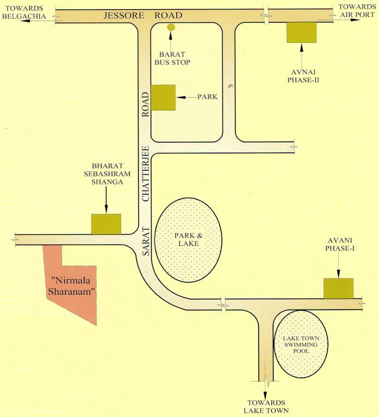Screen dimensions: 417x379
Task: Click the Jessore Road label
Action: (142, 15)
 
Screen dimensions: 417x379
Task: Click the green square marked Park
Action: (163, 97)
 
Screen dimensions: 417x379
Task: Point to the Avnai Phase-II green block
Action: (302, 33)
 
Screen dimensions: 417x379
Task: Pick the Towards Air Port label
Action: (353, 10)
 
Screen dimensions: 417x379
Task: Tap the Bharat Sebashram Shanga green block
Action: (106, 224)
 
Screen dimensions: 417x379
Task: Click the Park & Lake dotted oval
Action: (188, 239)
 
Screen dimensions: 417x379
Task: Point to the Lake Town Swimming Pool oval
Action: (300, 345)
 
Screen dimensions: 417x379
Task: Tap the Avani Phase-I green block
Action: (338, 288)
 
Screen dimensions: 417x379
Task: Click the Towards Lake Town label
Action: (265, 406)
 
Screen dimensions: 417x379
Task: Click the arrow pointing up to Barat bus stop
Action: (171, 39)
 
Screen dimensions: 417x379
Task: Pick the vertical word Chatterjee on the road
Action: (145, 174)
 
